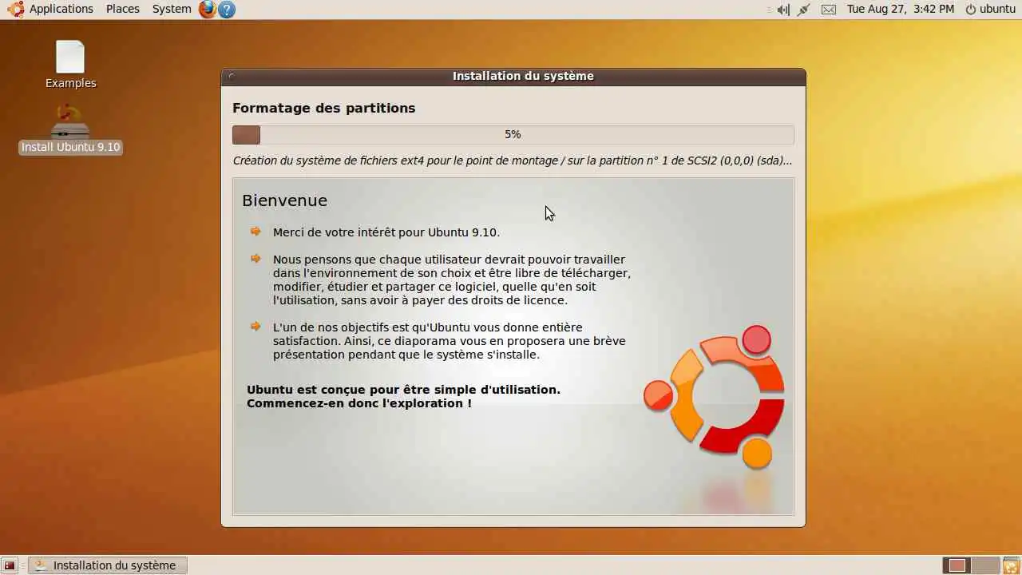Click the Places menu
tap(123, 9)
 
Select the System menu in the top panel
tap(172, 9)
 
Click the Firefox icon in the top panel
tap(207, 9)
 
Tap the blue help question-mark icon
tap(227, 10)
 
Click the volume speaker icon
tap(783, 10)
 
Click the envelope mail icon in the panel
tap(829, 10)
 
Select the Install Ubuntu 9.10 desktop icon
tap(70, 129)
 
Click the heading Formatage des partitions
tap(324, 108)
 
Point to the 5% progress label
tap(513, 135)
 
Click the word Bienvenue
tap(285, 200)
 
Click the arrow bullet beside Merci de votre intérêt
tap(255, 232)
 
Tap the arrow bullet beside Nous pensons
tap(255, 259)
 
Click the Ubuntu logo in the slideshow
tap(714, 397)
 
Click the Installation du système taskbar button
tap(108, 565)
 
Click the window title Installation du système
tap(523, 76)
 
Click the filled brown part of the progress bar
tap(247, 135)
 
